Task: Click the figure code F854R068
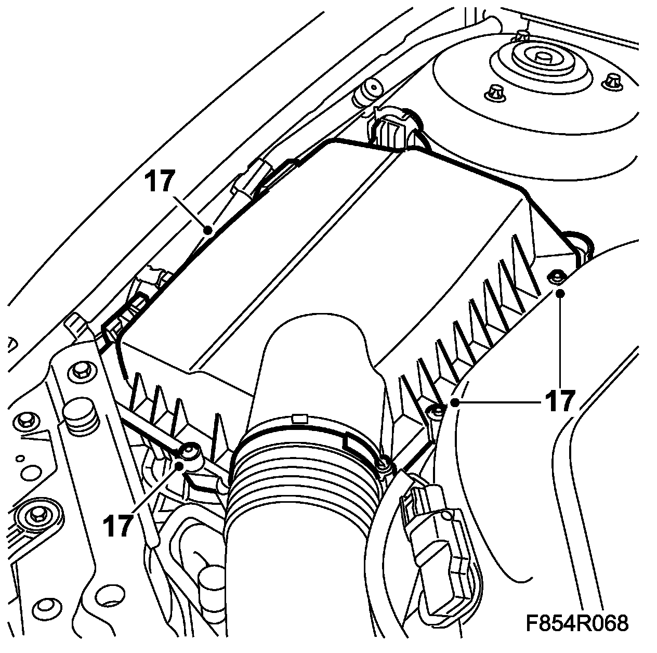[x=576, y=623]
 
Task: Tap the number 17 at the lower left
[x=119, y=525]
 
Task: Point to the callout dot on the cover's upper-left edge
[x=208, y=229]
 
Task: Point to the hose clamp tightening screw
[x=384, y=462]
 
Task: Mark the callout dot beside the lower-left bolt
[x=181, y=465]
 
